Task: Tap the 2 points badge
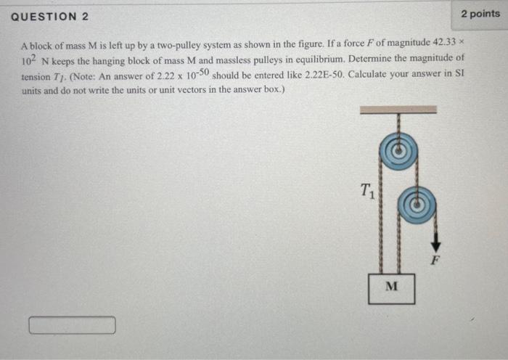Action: point(480,14)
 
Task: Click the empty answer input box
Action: point(72,326)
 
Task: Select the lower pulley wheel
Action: point(417,205)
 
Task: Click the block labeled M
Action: point(391,287)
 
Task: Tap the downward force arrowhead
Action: point(435,247)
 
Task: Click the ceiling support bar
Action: point(398,110)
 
